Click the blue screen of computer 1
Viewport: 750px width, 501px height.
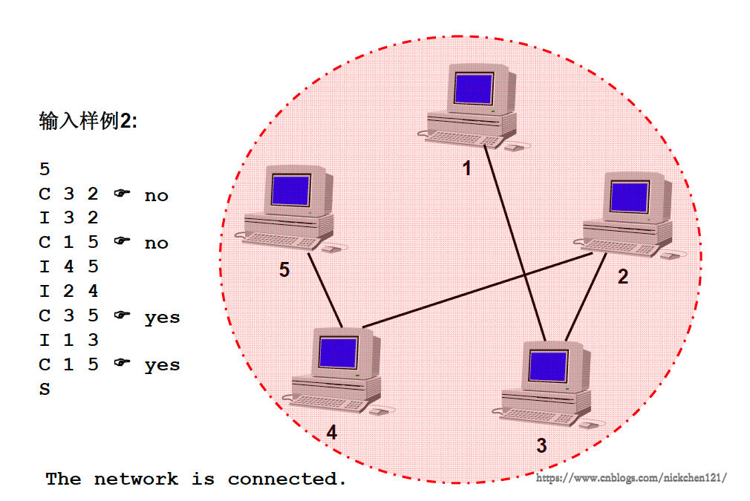[473, 88]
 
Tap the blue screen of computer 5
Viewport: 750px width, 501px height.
[290, 191]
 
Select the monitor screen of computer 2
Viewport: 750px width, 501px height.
[629, 197]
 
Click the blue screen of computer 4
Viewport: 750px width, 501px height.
[338, 352]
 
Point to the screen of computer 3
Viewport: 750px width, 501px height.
[548, 365]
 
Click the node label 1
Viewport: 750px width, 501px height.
[467, 169]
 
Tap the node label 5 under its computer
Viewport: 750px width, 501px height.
[284, 270]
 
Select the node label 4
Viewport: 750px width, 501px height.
[331, 433]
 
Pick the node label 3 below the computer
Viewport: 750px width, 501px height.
[541, 445]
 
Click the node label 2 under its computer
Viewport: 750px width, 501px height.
[623, 277]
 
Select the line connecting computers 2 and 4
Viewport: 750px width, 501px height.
[475, 289]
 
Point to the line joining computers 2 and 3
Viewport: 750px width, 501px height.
[584, 296]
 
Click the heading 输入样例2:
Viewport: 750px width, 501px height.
[88, 121]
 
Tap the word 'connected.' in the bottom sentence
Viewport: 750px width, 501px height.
[287, 479]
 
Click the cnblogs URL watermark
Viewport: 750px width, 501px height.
[630, 478]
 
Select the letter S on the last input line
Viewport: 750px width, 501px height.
[45, 388]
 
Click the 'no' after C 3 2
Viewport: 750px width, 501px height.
[156, 195]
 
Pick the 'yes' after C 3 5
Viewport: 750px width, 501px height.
[162, 317]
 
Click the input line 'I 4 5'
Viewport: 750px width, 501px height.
[68, 266]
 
